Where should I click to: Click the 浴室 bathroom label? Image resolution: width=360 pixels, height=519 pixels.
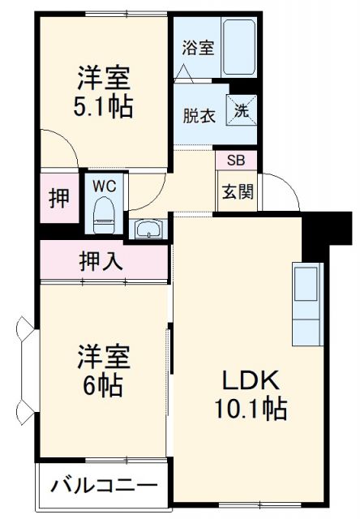[x=198, y=48]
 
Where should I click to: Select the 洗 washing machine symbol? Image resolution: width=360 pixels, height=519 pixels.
[x=242, y=110]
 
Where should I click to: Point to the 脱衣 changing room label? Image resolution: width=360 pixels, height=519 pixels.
[x=199, y=116]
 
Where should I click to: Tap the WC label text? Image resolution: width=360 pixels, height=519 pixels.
[x=104, y=185]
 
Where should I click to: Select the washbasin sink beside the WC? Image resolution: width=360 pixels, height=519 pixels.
[x=148, y=230]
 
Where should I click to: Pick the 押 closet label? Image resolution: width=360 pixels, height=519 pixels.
[x=59, y=198]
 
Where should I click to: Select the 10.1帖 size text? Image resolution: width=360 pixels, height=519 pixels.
[x=251, y=409]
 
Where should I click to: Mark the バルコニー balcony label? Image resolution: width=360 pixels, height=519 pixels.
[x=104, y=487]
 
